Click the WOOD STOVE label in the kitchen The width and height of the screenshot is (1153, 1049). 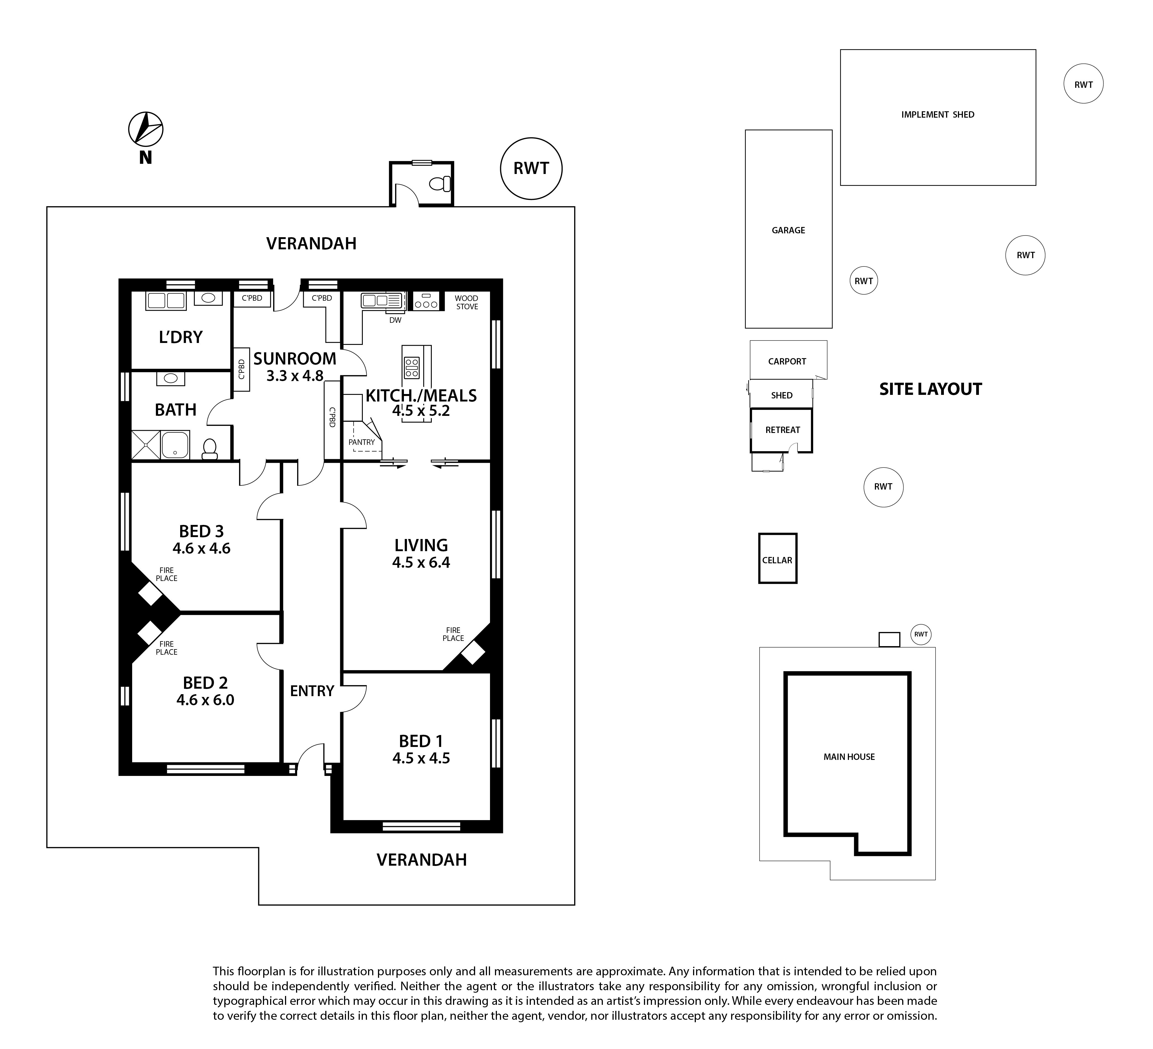pos(467,302)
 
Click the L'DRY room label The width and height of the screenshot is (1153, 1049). pos(181,337)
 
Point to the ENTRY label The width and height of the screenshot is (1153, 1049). pos(312,691)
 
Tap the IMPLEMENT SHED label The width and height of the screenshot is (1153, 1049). pos(938,115)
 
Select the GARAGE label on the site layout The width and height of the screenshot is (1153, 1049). pos(788,230)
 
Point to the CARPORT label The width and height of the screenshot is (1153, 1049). pos(787,361)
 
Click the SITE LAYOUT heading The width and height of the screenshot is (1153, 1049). pos(931,389)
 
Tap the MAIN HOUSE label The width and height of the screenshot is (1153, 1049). pos(849,757)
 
